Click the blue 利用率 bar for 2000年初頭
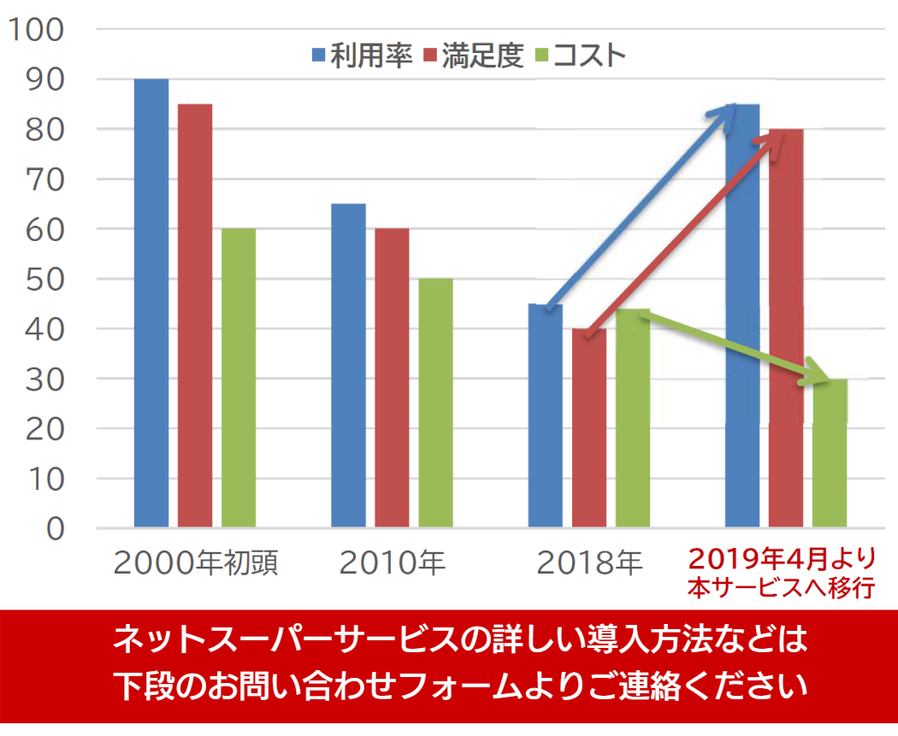click(151, 303)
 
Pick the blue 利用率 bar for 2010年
click(348, 365)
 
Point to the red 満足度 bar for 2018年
click(588, 427)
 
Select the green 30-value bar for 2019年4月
click(830, 453)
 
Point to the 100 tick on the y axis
click(36, 30)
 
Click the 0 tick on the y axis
click(54, 529)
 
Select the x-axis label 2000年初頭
click(196, 563)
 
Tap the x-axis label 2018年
click(589, 563)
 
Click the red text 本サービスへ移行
click(783, 589)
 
